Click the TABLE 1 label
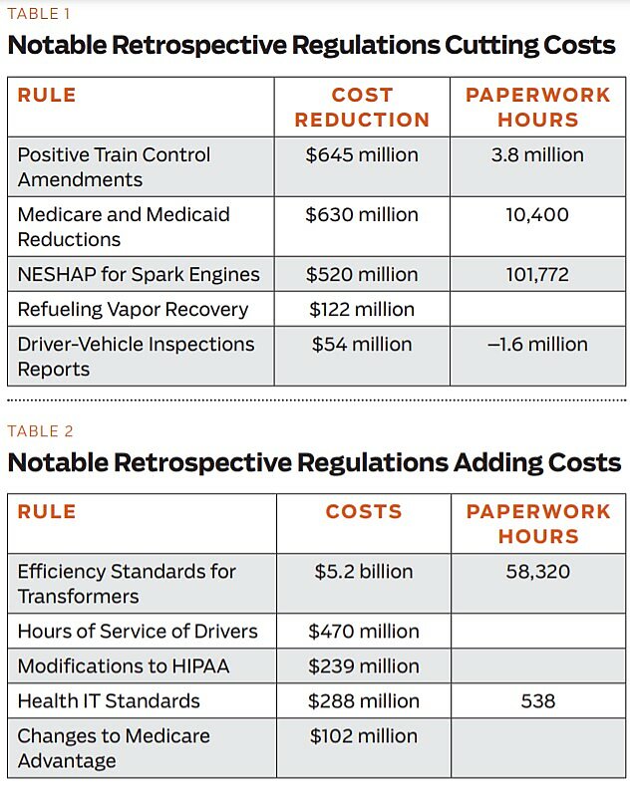tap(39, 14)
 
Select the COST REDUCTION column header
tap(362, 108)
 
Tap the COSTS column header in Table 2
tap(363, 512)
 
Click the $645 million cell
tap(362, 155)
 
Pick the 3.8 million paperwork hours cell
tap(537, 155)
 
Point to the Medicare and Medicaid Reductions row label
tap(124, 227)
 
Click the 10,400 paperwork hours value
tap(537, 215)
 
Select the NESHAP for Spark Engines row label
tap(139, 275)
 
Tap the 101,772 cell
tap(537, 275)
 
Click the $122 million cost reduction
tap(362, 310)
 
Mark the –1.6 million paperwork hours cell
tap(537, 345)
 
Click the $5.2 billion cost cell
tap(363, 572)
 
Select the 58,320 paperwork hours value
tap(537, 572)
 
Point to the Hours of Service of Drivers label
tap(138, 632)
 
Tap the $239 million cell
tap(363, 666)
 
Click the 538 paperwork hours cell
tap(537, 701)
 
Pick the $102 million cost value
tap(363, 736)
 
